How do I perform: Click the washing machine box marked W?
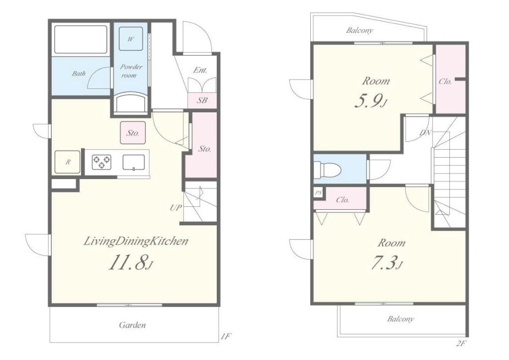click(130, 39)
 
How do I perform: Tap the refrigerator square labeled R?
click(68, 162)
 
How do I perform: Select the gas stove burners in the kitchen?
click(102, 162)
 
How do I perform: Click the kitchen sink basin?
click(134, 162)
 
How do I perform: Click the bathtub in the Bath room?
click(81, 39)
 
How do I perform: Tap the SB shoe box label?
click(202, 100)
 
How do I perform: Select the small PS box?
click(319, 193)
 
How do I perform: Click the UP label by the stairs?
click(176, 208)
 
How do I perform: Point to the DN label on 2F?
click(425, 132)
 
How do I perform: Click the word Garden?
click(132, 325)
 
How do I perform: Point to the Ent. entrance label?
click(200, 70)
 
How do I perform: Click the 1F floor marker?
click(226, 336)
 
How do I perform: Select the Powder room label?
click(131, 71)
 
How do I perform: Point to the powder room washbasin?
click(130, 102)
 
